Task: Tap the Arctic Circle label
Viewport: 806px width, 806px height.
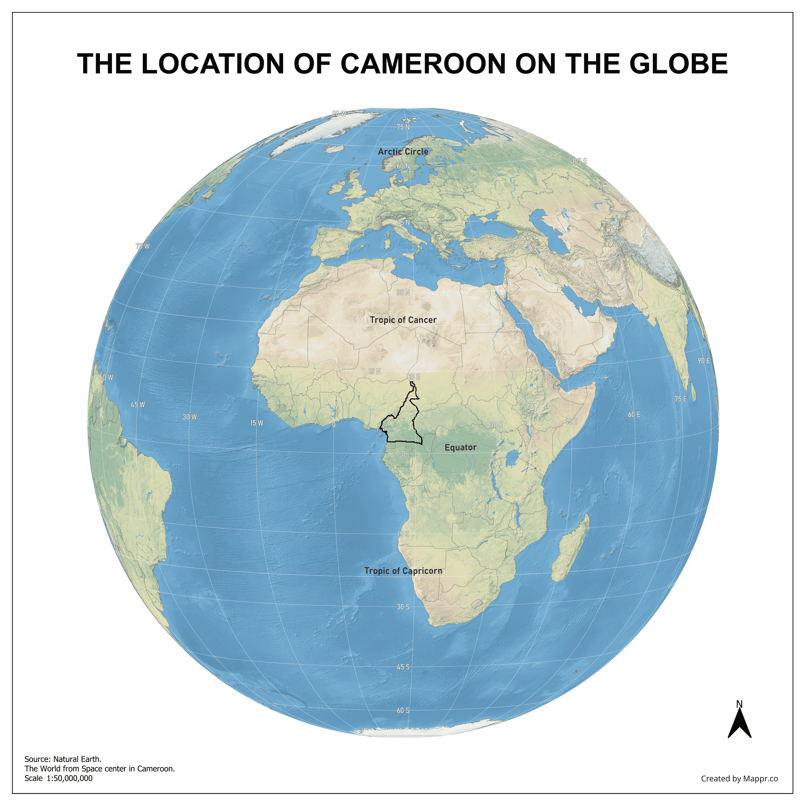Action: coord(403,152)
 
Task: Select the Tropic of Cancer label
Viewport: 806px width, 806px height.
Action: coord(403,320)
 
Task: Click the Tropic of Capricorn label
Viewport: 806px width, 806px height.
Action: coord(403,571)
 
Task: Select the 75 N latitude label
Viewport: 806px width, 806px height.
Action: coord(403,127)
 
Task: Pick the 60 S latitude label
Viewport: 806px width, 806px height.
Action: coord(403,711)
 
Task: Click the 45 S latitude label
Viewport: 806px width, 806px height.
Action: coord(403,667)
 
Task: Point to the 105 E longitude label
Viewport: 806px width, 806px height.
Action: coord(579,161)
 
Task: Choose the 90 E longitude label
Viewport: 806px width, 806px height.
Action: coord(704,361)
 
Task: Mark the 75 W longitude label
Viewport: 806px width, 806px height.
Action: coord(142,246)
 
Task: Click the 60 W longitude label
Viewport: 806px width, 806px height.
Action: coord(106,378)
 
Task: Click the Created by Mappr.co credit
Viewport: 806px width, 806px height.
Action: coord(739,779)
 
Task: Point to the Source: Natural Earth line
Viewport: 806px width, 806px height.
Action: coord(63,759)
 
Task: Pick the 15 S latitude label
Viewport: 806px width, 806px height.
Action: coord(403,535)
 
